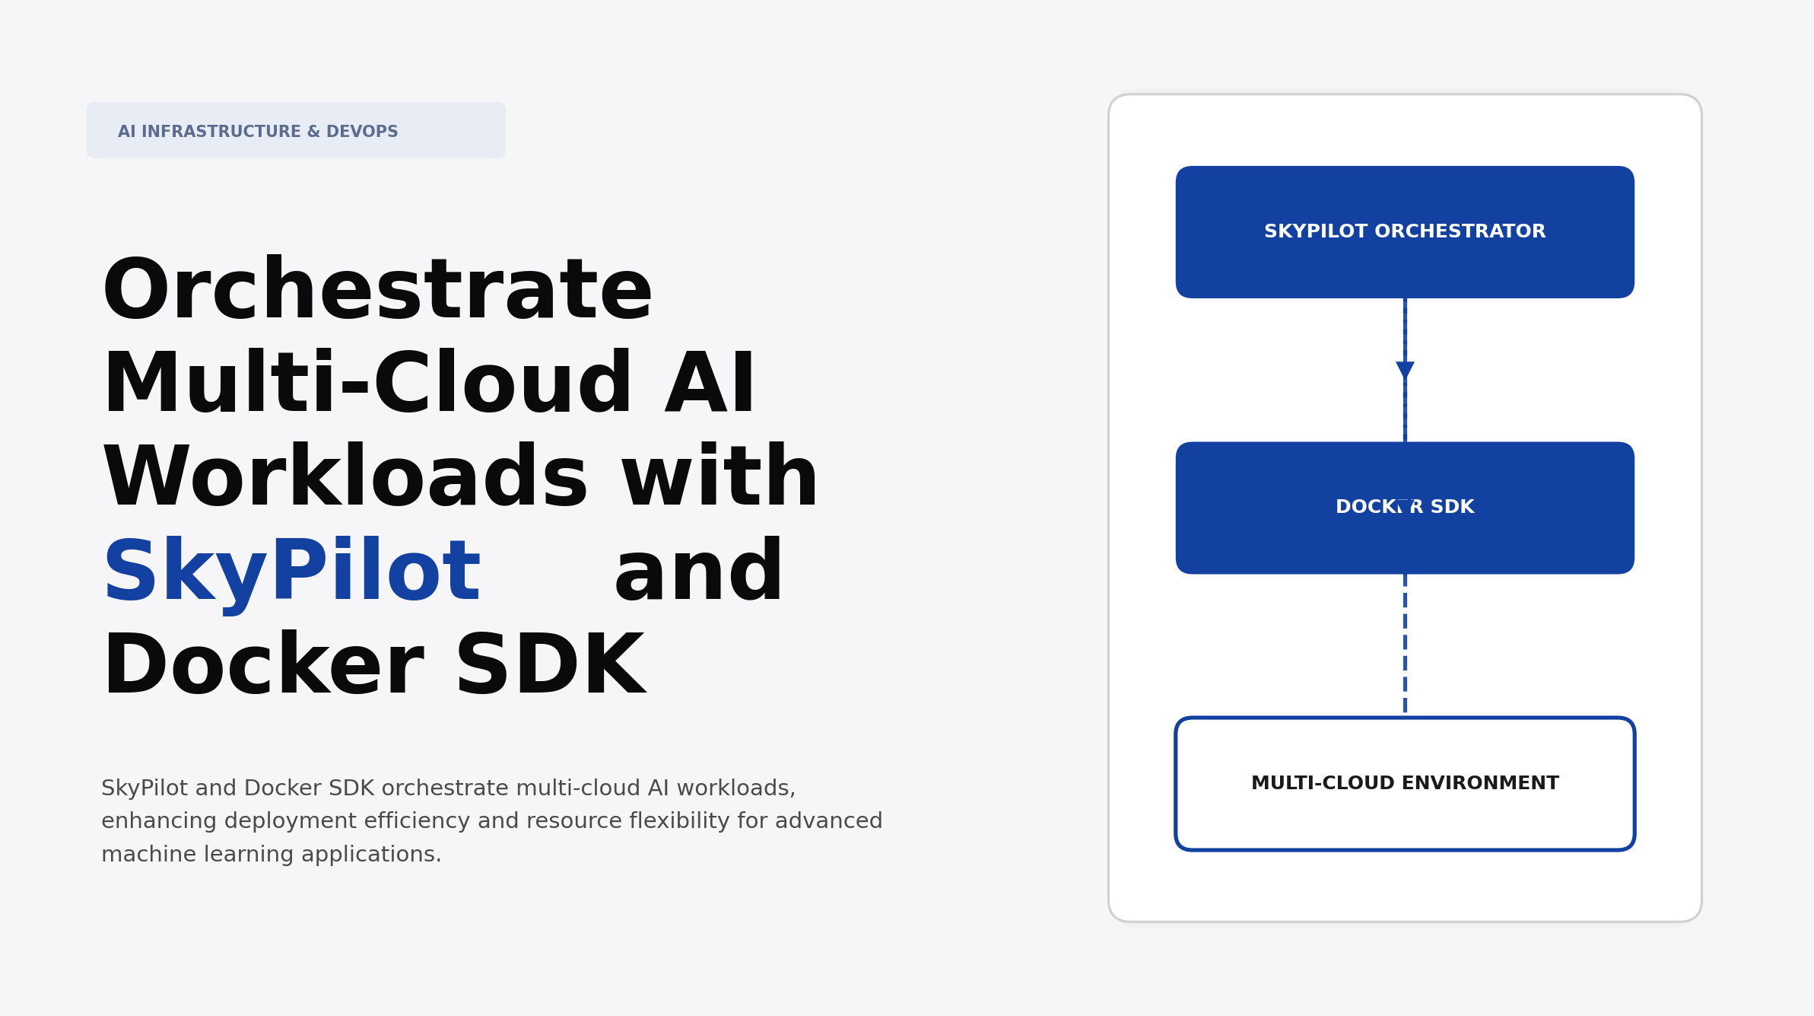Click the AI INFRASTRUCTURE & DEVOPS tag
(295, 130)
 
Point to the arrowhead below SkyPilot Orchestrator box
(1405, 370)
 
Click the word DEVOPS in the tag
(362, 132)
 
